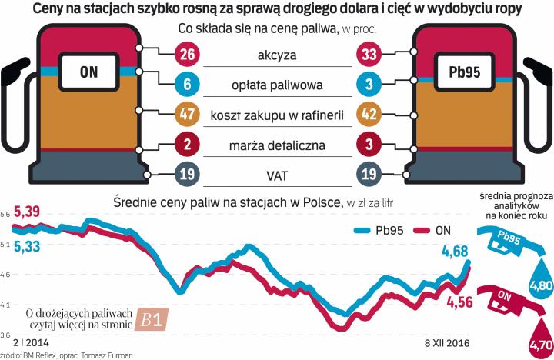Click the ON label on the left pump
click(88, 73)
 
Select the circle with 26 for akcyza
click(187, 55)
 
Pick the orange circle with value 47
click(187, 115)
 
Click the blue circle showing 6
click(187, 85)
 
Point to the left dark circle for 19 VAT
click(187, 175)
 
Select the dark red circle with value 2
click(187, 145)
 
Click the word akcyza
click(277, 55)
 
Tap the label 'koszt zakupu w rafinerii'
click(277, 115)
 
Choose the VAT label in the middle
click(277, 175)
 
